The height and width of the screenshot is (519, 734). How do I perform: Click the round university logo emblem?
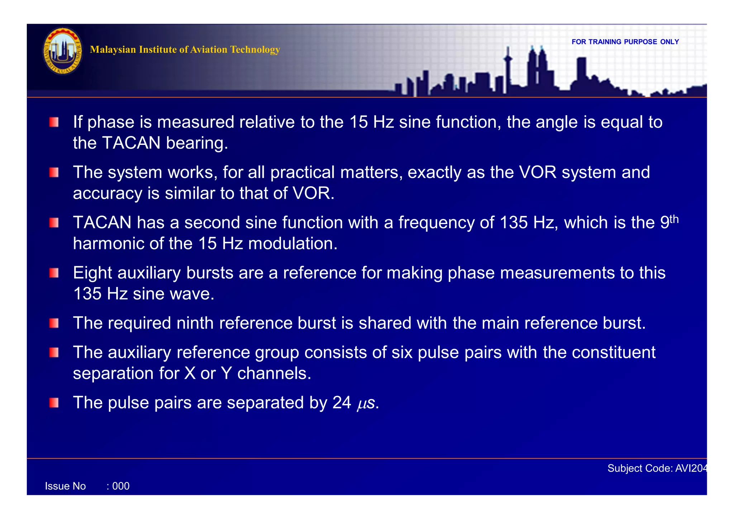click(62, 51)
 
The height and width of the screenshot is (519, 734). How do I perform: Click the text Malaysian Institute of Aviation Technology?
click(185, 49)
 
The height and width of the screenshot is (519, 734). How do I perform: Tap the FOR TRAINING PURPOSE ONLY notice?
click(625, 42)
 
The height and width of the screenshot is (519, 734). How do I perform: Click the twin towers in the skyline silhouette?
click(537, 68)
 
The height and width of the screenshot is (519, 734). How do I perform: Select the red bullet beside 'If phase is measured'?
click(54, 122)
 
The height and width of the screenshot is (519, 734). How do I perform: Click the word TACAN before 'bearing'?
click(131, 143)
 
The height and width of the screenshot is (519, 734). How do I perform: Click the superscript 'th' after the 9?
click(674, 219)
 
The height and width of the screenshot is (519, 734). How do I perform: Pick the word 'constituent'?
click(614, 353)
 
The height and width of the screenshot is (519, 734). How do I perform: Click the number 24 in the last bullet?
click(342, 403)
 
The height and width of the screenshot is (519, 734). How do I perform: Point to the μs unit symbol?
click(366, 404)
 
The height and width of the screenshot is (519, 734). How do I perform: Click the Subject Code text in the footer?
click(657, 468)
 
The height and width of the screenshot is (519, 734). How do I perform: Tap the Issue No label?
click(65, 486)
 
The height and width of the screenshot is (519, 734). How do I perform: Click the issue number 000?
click(121, 486)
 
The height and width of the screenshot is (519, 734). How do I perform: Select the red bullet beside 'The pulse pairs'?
click(54, 403)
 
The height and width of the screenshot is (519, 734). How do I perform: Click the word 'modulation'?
click(292, 244)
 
